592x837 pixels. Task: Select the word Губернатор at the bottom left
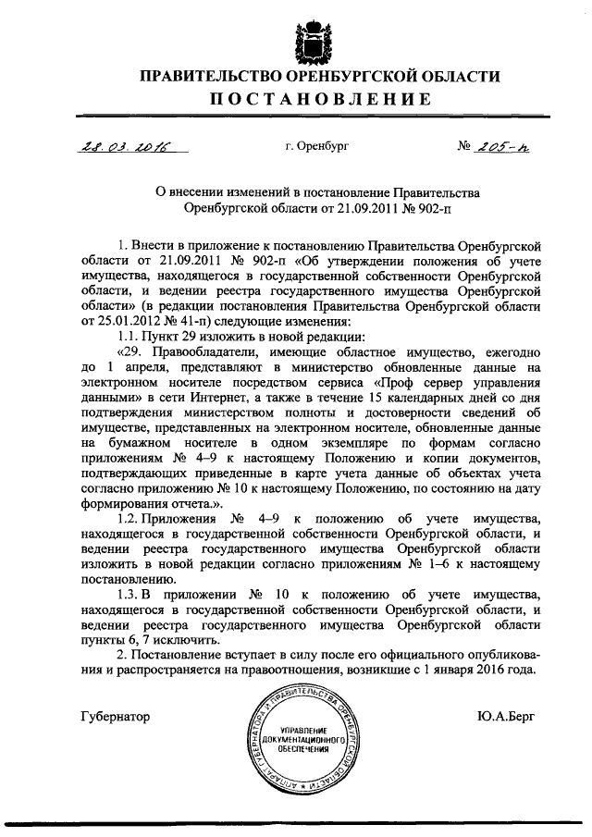click(x=115, y=715)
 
